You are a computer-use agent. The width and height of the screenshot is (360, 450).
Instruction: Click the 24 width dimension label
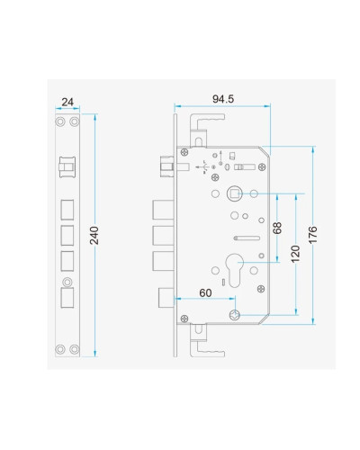coord(67,102)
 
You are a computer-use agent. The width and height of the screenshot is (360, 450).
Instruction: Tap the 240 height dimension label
coord(94,236)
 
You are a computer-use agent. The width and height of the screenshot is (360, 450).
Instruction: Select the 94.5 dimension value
coord(223,99)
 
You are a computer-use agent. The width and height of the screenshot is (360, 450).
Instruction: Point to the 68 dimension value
coord(277,228)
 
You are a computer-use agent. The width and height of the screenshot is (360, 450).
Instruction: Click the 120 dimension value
coord(295,254)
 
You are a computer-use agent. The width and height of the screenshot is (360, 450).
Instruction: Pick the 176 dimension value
coord(312,235)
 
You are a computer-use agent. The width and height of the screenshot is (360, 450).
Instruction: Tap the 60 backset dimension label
coord(205,292)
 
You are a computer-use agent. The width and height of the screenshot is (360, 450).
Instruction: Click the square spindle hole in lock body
coord(234,193)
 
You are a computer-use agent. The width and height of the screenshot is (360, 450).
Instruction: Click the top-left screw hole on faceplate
coord(60,121)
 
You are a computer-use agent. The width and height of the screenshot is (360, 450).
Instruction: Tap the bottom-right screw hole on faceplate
coord(75,349)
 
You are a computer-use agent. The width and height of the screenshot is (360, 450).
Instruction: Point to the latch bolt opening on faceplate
coord(67,166)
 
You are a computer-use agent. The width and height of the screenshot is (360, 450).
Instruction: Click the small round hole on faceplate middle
coord(67,282)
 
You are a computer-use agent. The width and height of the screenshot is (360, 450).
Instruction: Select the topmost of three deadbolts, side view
coord(163,210)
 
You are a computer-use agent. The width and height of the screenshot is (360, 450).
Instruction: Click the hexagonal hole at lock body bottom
coord(234,315)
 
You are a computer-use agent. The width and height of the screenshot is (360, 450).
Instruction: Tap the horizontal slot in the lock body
coord(247,238)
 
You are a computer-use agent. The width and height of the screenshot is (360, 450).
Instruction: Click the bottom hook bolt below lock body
coord(206,340)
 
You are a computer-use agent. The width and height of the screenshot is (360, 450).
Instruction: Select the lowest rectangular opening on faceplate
coord(67,298)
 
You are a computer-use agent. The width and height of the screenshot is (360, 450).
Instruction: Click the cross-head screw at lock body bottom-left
coord(184,319)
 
